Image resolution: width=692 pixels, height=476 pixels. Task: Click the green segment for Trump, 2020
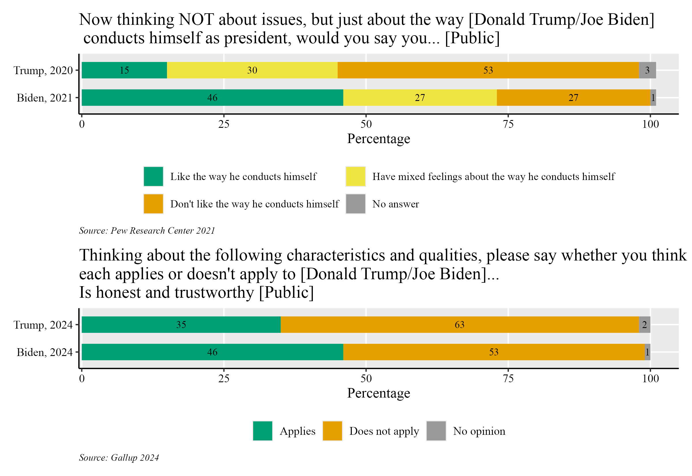124,70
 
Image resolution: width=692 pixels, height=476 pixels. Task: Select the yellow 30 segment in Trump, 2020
252,70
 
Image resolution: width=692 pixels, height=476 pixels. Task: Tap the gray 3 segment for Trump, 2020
647,70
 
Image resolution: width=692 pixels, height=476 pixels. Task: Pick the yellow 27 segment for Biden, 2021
420,98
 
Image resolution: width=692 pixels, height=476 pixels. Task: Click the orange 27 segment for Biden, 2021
573,98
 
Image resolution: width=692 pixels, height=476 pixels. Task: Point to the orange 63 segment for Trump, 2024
459,325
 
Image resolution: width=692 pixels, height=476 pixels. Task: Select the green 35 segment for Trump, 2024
181,325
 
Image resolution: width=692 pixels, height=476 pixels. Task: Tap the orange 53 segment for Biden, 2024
494,352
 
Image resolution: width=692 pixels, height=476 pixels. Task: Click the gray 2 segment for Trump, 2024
644,325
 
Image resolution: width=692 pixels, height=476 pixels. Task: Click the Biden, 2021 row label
44,98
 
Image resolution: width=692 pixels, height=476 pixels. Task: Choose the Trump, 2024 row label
43,325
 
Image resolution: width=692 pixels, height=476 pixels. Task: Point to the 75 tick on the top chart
508,124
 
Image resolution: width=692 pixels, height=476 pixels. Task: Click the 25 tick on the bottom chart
224,378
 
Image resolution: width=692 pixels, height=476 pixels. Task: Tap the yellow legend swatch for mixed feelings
355,177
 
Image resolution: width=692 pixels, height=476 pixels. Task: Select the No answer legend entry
395,204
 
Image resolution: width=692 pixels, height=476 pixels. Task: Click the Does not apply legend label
384,431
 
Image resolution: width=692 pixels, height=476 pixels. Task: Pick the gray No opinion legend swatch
436,431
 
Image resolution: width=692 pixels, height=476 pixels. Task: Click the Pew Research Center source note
147,230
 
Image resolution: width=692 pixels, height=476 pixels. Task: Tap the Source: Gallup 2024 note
119,458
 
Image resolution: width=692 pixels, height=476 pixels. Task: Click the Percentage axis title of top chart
378,139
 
